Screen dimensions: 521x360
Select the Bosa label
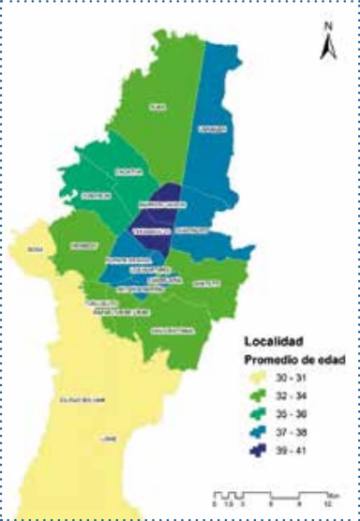(36, 251)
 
